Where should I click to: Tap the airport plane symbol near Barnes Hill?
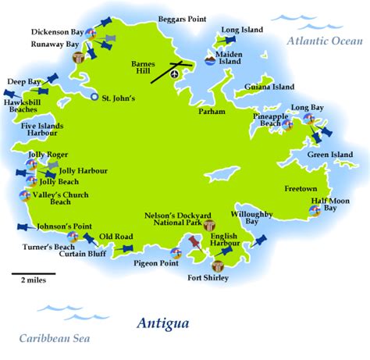174,74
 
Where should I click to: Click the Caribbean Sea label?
55,338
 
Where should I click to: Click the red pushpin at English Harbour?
192,249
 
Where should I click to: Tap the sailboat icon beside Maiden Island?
208,57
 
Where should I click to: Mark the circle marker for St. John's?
95,98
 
